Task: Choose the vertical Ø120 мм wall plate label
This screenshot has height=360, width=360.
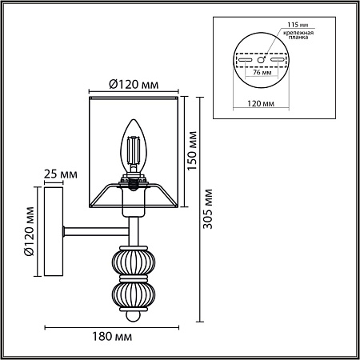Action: click(30, 234)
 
